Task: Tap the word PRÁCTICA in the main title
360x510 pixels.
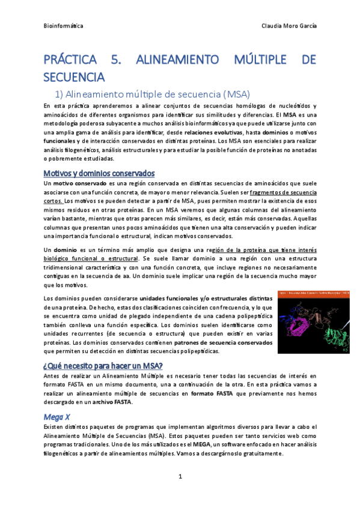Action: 70,60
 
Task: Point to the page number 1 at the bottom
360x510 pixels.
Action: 180,476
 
